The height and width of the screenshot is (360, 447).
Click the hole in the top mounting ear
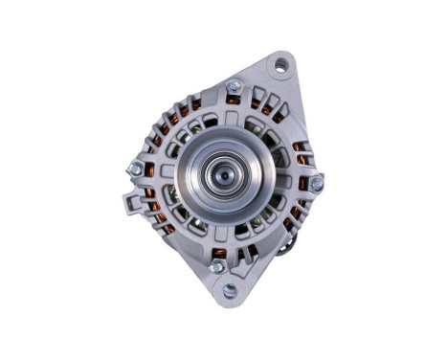(x=280, y=65)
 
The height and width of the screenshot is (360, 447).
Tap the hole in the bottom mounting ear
(x=230, y=290)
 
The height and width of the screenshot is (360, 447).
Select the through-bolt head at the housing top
(x=233, y=87)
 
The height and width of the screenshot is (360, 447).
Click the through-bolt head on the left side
(x=135, y=169)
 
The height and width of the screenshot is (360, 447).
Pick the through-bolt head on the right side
(x=316, y=180)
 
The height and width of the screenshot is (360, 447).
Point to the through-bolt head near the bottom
(x=217, y=265)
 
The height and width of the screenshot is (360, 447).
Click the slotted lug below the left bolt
(x=131, y=204)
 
